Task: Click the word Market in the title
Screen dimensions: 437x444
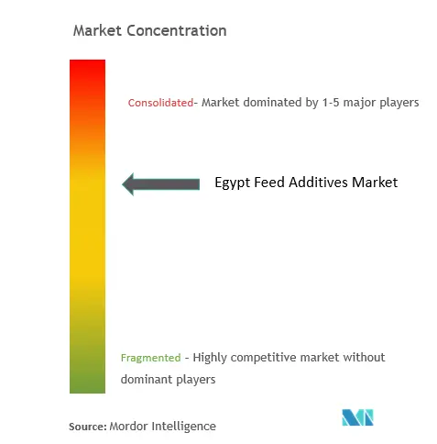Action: tap(97, 30)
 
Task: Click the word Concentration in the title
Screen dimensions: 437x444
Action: tap(177, 30)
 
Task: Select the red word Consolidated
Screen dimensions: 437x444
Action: tap(160, 103)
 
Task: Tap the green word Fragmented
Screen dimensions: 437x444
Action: tap(151, 358)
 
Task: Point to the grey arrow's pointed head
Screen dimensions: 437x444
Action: tap(123, 184)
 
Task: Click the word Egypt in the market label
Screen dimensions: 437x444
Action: tap(233, 183)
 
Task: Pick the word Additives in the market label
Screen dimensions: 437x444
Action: tap(318, 183)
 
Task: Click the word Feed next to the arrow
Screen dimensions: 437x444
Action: tap(269, 183)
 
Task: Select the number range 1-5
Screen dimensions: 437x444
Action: tap(331, 103)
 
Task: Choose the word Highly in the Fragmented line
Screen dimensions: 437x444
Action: tap(210, 358)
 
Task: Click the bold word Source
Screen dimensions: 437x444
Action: tap(88, 427)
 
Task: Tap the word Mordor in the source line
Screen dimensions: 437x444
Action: tap(128, 427)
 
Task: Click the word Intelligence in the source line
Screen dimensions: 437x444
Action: tap(184, 427)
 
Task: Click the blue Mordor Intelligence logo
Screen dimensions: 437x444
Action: tap(357, 417)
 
